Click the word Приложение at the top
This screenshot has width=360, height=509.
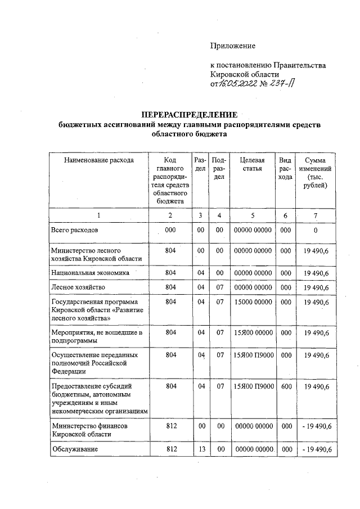coord(232,46)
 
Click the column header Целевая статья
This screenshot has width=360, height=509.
coord(252,164)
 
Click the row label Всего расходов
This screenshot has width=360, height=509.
coord(75,231)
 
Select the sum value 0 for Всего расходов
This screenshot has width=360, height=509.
coord(316,231)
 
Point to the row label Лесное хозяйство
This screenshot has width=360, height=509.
coord(78,287)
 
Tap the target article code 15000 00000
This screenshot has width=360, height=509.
coord(252,302)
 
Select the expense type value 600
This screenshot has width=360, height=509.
coord(286,386)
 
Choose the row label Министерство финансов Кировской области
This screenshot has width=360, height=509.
coord(89,430)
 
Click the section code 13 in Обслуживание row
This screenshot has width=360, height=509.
coord(200,449)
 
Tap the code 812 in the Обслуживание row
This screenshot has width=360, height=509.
coord(171,449)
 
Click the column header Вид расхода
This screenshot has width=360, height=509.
coord(286,169)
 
